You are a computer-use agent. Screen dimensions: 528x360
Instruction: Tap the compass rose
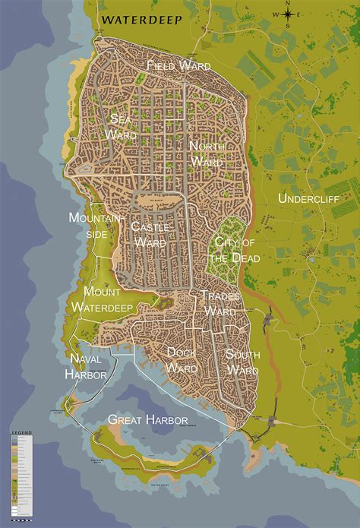click(288, 14)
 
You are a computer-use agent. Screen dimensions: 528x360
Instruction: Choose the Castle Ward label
click(150, 234)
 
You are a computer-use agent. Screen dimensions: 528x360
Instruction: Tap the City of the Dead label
click(234, 250)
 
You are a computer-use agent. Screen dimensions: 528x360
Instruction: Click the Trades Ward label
click(221, 303)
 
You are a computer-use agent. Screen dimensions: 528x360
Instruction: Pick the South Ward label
click(242, 362)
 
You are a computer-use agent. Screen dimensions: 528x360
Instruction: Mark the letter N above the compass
click(288, 4)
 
